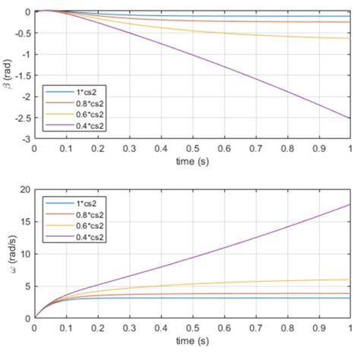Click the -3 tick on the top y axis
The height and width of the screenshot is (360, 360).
[x=26, y=140]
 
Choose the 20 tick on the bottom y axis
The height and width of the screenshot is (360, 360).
[x=24, y=190]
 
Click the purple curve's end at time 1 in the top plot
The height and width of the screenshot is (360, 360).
[x=349, y=118]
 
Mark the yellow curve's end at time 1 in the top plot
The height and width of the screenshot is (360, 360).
[x=349, y=38]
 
